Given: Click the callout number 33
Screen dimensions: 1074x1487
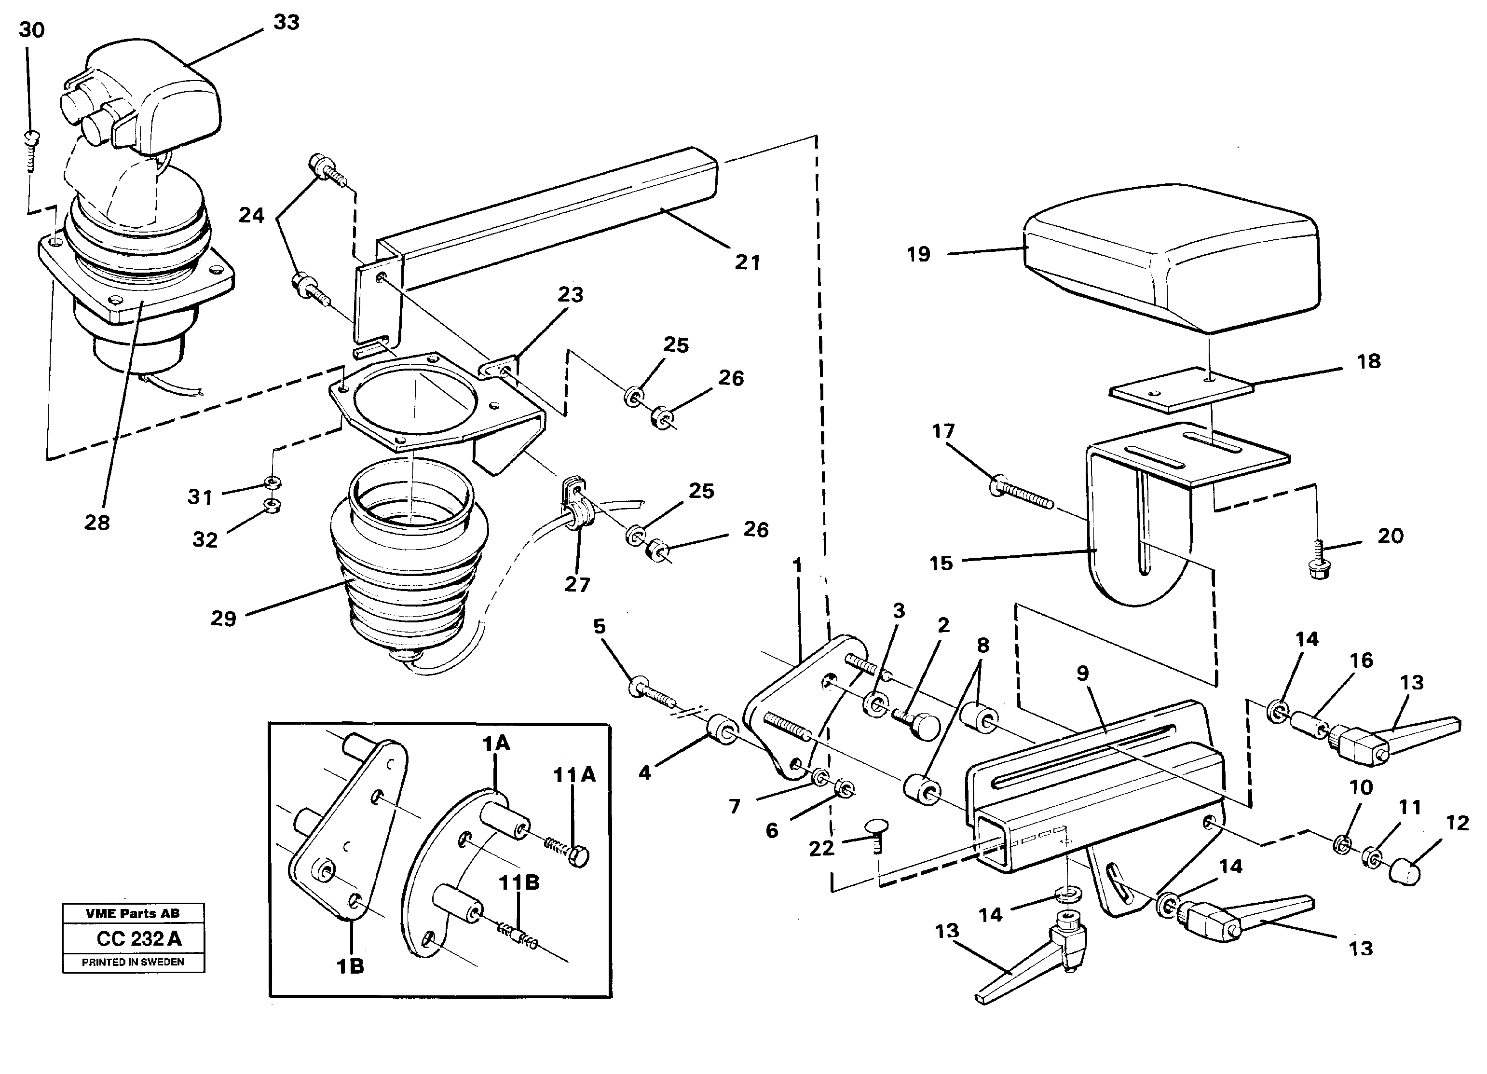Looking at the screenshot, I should pyautogui.click(x=286, y=22).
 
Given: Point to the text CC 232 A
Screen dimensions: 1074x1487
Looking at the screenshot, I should pyautogui.click(x=139, y=939).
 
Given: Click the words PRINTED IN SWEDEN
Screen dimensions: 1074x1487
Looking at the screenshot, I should pyautogui.click(x=133, y=962).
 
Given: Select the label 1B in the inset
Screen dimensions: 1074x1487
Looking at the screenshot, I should pyautogui.click(x=350, y=966).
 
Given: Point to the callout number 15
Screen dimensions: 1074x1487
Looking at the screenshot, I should pyautogui.click(x=941, y=563).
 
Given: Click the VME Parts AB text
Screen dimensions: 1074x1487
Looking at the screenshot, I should pyautogui.click(x=133, y=913).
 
